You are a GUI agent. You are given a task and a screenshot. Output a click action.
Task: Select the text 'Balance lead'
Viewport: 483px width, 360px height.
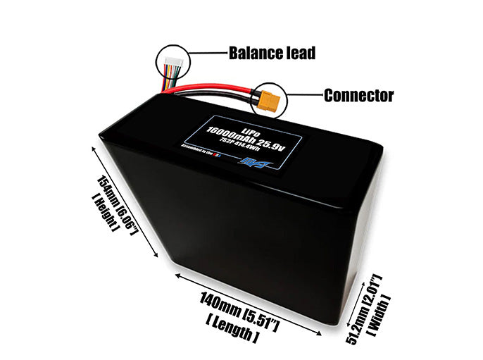[x=271, y=53]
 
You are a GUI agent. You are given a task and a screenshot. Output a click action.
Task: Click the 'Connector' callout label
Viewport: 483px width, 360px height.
[x=358, y=95]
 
